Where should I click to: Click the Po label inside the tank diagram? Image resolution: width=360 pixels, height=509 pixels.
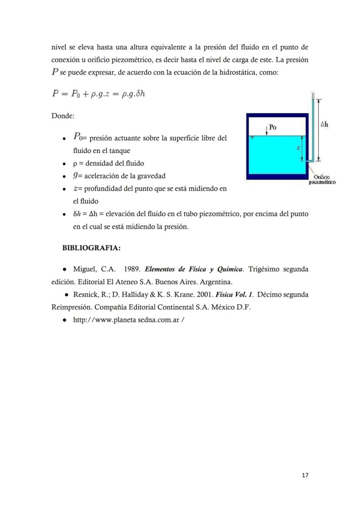(273, 127)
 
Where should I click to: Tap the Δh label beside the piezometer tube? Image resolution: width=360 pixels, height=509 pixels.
(324, 125)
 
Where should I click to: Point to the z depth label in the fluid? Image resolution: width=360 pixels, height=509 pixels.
(298, 148)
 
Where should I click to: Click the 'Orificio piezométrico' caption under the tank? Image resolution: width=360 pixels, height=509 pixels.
(322, 180)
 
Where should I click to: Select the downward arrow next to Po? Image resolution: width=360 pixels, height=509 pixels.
(266, 129)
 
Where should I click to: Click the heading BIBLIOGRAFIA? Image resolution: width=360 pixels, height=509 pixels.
(91, 248)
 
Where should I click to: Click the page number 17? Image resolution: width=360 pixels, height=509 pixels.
(305, 475)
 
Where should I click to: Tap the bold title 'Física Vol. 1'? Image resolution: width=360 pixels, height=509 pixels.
(235, 294)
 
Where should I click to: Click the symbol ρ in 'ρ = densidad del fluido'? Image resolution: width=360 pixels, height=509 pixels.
(75, 163)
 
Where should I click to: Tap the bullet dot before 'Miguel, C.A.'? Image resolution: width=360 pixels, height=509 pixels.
(64, 269)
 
